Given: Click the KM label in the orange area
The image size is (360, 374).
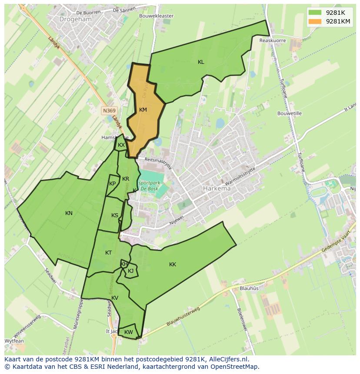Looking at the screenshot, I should pyautogui.click(x=143, y=110).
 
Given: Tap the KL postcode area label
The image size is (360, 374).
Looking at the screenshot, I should pyautogui.click(x=201, y=62).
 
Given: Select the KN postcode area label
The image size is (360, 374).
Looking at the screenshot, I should pyautogui.click(x=69, y=213).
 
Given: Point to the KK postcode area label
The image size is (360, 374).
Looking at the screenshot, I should pyautogui.click(x=173, y=265).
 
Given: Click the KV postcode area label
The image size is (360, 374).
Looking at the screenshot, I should pyautogui.click(x=115, y=298).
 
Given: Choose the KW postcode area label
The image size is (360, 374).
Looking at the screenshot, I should pyautogui.click(x=128, y=332).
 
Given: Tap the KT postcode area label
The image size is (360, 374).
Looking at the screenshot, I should pyautogui.click(x=108, y=253).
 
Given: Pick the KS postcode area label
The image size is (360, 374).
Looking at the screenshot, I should pyautogui.click(x=114, y=215).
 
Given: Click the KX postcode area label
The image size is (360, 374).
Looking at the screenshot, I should pyautogui.click(x=121, y=145).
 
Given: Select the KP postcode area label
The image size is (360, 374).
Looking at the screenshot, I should pyautogui.click(x=113, y=184).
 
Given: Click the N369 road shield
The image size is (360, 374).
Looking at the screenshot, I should pyautogui.click(x=109, y=111).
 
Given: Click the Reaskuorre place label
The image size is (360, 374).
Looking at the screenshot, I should pyautogui.click(x=273, y=40).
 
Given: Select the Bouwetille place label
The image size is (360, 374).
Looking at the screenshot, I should pyautogui.click(x=290, y=113).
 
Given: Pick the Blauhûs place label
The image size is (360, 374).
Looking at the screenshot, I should pyautogui.click(x=249, y=288).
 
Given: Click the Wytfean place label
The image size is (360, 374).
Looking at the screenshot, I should pyautogui.click(x=14, y=341).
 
